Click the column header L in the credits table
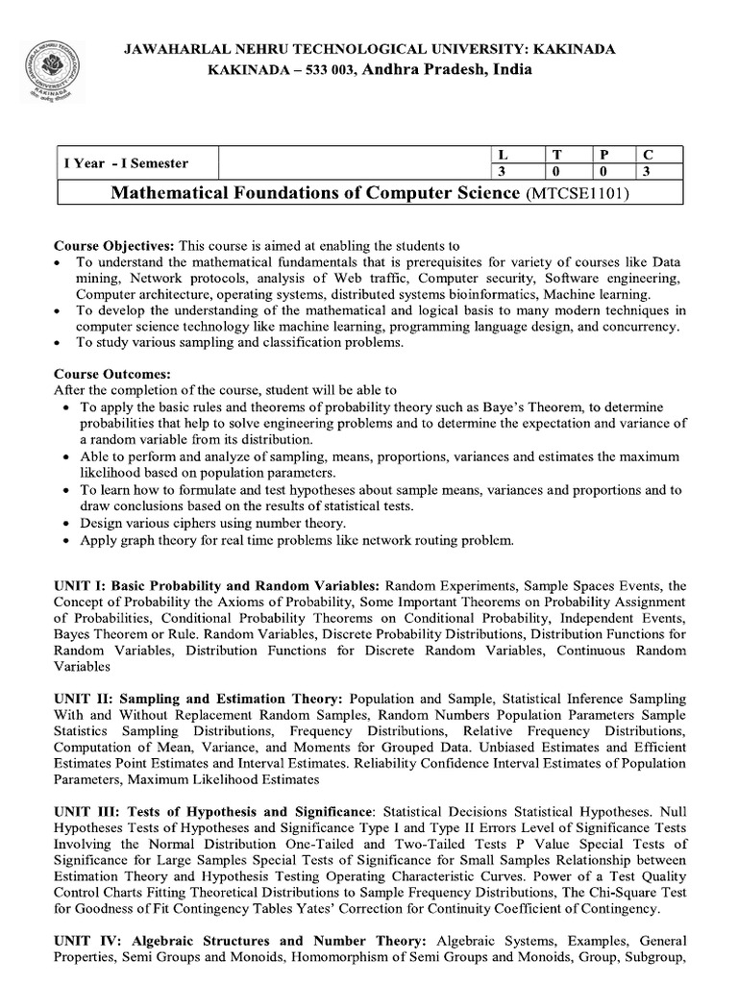[x=500, y=155]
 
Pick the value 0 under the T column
[x=554, y=172]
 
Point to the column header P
[x=602, y=155]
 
